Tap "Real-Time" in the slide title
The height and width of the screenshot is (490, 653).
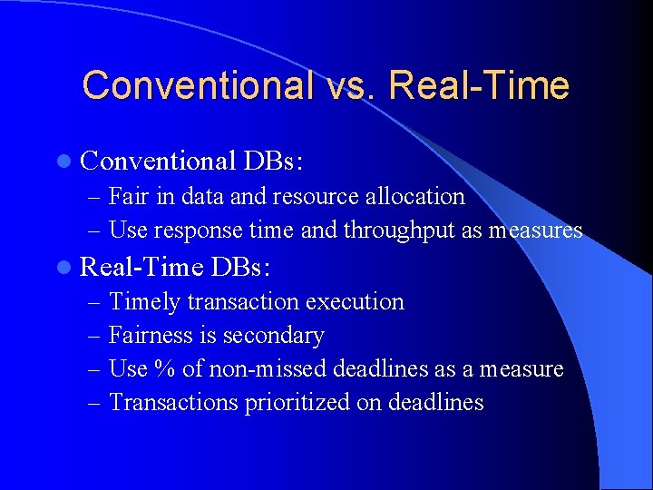[479, 85]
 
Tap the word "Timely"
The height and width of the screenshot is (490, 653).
[144, 301]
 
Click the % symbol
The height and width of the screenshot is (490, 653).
[163, 369]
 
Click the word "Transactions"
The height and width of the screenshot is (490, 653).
[174, 403]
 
